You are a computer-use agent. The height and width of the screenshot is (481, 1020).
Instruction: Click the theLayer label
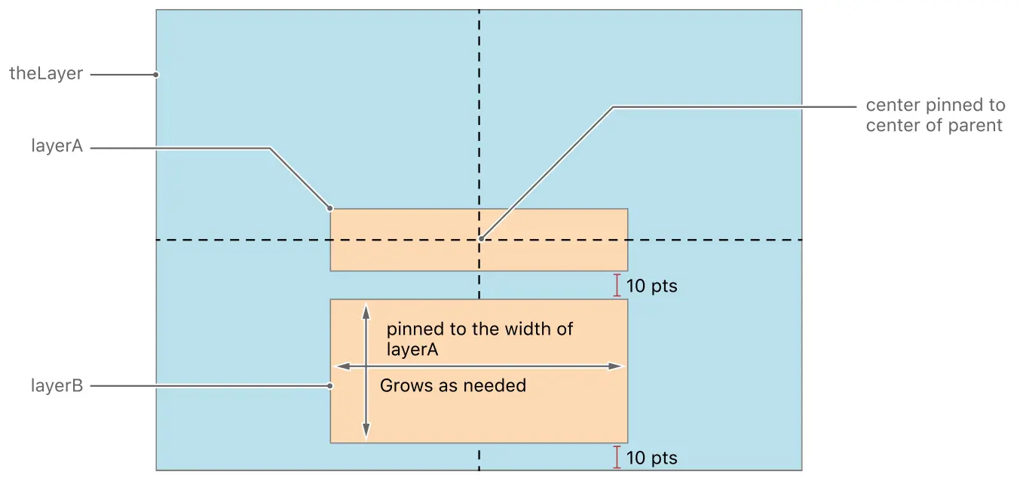coord(45,74)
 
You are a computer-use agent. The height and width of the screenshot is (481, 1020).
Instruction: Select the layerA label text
coord(57,147)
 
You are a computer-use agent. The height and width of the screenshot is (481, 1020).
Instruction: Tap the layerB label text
coord(57,386)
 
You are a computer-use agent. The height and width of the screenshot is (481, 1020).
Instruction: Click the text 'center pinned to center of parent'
coord(934,115)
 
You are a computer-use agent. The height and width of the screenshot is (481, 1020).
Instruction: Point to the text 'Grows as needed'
coord(452,386)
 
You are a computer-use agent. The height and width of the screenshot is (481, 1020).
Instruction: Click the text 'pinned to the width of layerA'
coord(479,339)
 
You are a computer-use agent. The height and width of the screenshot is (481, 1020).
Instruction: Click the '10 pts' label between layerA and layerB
coord(651,286)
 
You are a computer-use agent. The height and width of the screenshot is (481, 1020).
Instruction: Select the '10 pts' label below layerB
coord(651,458)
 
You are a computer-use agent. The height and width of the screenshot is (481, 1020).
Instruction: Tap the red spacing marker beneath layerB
coord(617,457)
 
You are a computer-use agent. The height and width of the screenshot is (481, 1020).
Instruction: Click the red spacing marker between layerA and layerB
coord(617,285)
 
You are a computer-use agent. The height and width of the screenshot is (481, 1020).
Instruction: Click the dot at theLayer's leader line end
coord(156,75)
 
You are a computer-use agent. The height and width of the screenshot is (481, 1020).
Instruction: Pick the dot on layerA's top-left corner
coord(330,208)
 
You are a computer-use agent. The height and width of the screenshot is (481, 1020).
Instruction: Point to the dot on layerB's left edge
coord(330,386)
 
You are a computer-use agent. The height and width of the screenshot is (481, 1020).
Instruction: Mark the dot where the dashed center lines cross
coord(479,240)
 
